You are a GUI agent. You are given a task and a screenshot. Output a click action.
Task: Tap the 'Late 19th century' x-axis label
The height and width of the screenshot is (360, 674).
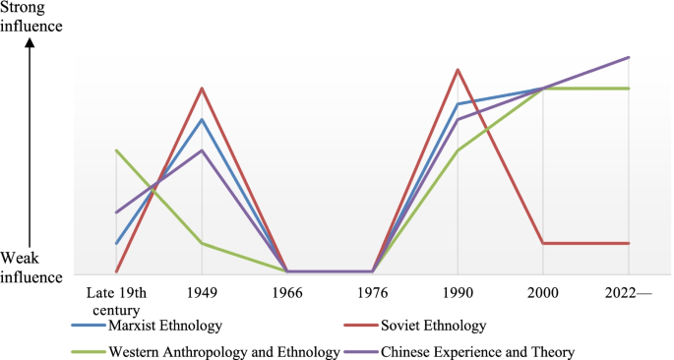pos(116,300)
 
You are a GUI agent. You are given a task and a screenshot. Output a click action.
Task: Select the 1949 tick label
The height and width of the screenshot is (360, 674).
pos(202,292)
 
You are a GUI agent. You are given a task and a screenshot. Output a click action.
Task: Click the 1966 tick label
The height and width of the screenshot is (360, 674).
pos(287,292)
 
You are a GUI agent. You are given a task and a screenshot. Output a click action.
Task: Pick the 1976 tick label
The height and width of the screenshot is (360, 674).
pos(372,292)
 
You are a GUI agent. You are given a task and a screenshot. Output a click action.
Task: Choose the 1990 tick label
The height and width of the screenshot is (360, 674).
pos(458,292)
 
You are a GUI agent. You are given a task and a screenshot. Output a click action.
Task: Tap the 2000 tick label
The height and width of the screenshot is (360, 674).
pos(542,292)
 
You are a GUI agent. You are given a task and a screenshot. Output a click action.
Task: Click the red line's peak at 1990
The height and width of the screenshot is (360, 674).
pos(458,70)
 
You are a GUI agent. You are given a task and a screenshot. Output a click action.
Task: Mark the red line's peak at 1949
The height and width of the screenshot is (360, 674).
pos(202,89)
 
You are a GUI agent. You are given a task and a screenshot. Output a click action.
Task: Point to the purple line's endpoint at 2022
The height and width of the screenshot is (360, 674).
pos(628,57)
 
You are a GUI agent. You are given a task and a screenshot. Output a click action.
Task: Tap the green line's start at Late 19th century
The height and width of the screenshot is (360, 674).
pos(116,150)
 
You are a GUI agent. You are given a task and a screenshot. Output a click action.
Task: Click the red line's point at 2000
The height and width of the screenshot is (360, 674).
pos(542,243)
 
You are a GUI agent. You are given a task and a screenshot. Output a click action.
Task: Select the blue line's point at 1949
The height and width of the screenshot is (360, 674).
pos(202,120)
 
